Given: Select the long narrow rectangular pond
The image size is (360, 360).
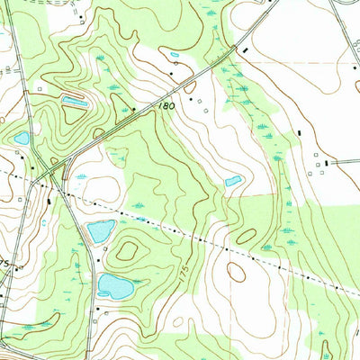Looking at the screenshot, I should click(x=74, y=102).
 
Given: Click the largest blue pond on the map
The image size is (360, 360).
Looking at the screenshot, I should click(x=115, y=286).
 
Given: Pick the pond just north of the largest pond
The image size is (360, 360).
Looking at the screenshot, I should click(x=101, y=230).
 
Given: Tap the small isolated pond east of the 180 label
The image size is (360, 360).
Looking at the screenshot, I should click(x=233, y=181).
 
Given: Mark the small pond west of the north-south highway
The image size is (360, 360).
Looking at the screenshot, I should click(x=22, y=139).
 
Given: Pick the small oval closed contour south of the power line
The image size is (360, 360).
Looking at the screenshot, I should click(x=237, y=272).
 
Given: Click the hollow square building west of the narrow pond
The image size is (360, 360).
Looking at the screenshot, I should click(x=40, y=90).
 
